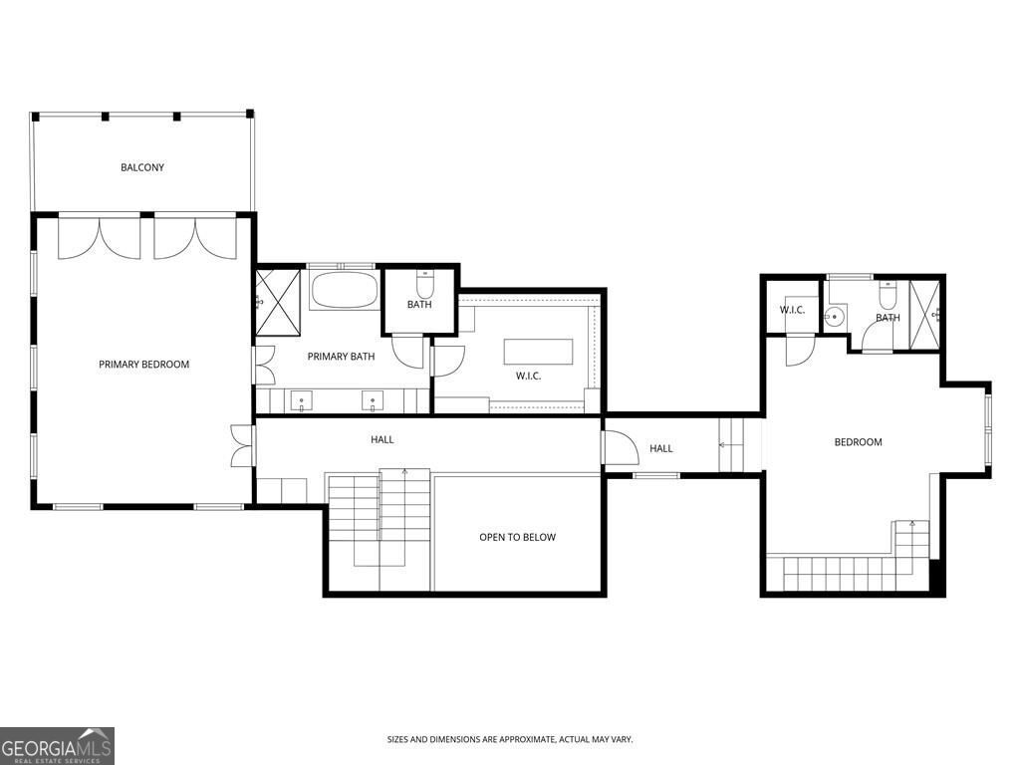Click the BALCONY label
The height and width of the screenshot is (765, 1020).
142,167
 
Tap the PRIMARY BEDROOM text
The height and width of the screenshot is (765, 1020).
143,365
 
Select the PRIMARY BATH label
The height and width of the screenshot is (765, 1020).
341,356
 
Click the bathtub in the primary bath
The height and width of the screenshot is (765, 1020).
344,290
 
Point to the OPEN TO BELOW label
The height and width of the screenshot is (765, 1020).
517,537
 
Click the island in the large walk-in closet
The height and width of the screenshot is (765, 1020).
539,352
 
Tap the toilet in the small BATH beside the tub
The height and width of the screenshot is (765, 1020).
424,284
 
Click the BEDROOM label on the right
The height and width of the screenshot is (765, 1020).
858,442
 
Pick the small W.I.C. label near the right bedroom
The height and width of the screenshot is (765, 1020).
792,310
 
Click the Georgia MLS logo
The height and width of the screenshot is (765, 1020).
57,745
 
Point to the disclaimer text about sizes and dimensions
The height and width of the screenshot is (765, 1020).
510,740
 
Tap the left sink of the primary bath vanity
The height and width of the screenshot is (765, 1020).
301,400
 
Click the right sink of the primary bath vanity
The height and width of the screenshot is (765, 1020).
373,400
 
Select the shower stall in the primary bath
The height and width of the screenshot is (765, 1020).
278,302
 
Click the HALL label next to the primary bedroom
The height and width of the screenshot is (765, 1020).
382,439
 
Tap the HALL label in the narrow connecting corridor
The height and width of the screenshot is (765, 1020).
661,448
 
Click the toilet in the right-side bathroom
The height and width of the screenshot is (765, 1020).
888,294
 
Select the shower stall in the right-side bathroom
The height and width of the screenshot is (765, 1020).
924,315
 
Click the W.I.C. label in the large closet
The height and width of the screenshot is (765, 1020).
528,376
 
